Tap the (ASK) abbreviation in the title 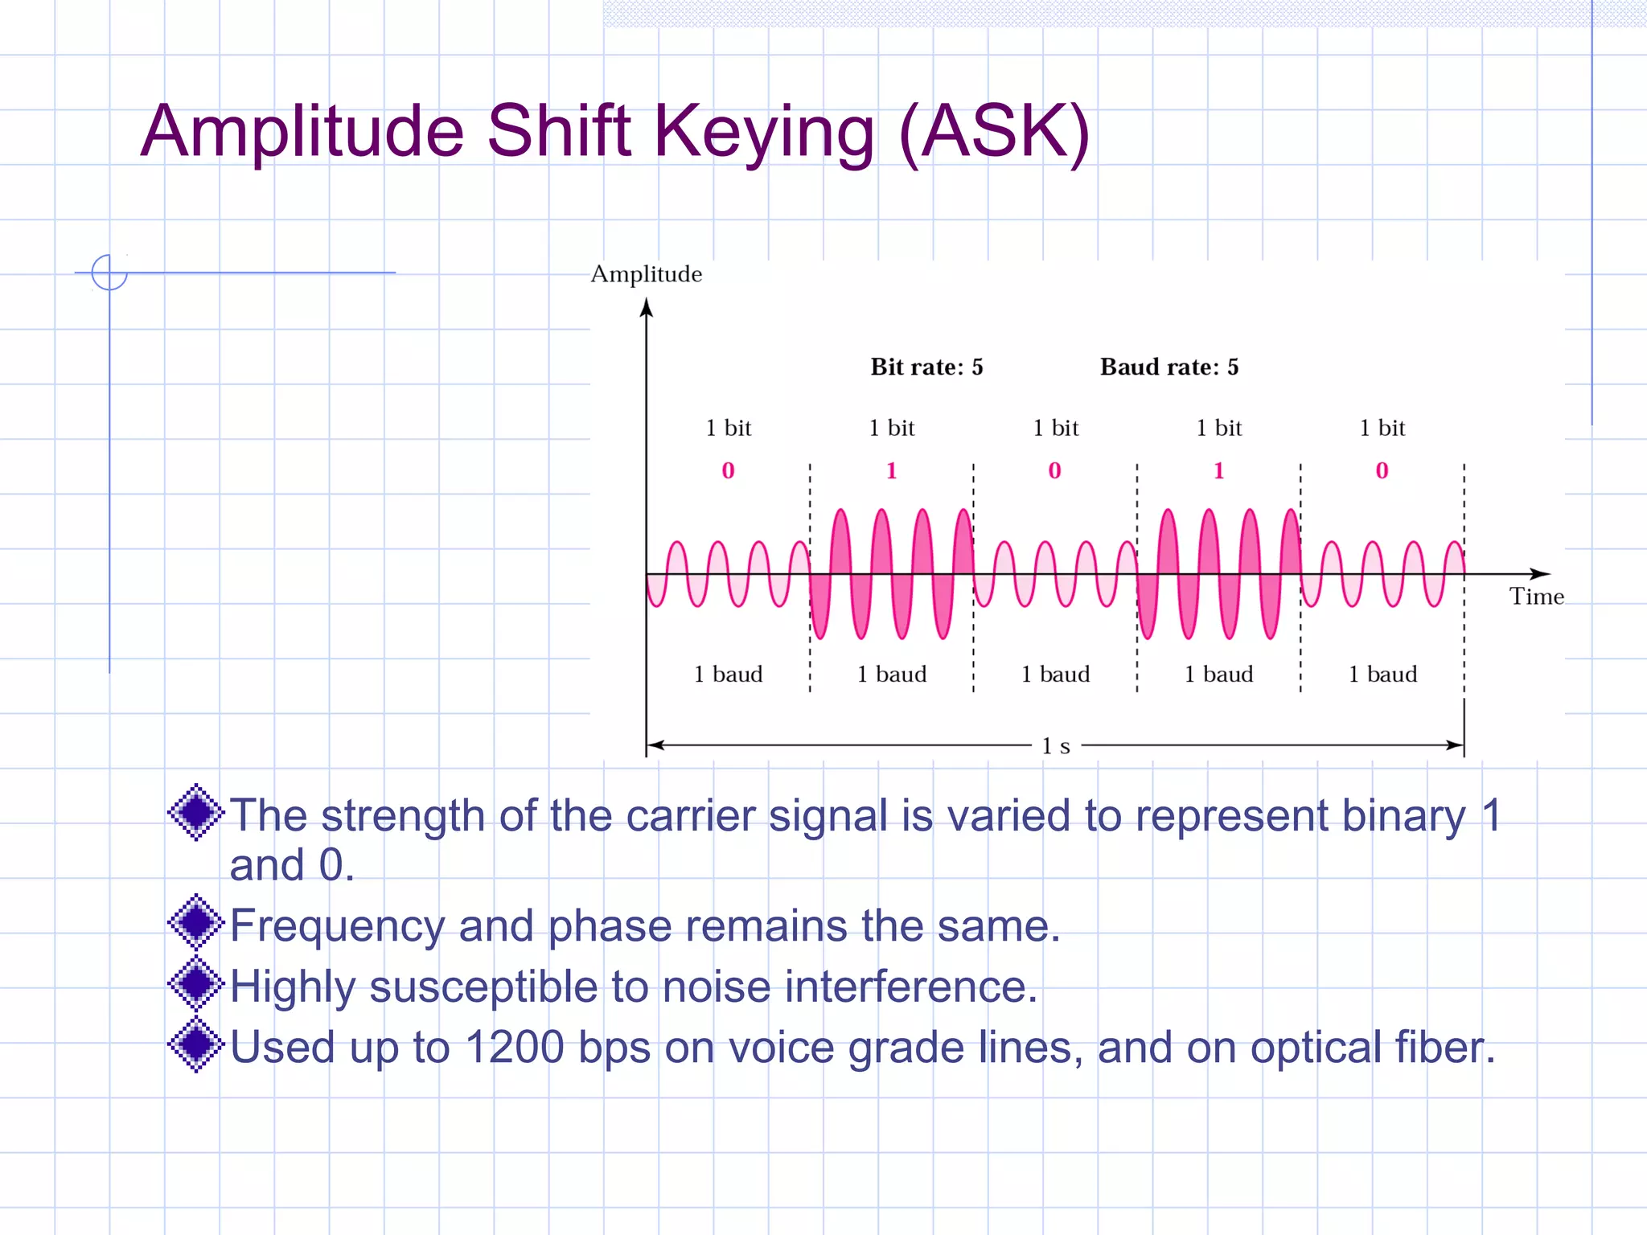pos(994,133)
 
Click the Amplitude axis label pos(646,274)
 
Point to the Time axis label pos(1536,597)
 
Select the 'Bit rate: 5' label pos(926,367)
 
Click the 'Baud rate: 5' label pos(1169,367)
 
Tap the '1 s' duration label pos(1055,746)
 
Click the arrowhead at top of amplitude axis pos(646,307)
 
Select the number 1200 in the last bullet pos(515,1048)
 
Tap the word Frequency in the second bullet pos(337,926)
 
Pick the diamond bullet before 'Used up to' pos(195,1044)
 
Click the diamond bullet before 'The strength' pos(195,812)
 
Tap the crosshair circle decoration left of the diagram pos(109,272)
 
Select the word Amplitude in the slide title pos(302,133)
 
